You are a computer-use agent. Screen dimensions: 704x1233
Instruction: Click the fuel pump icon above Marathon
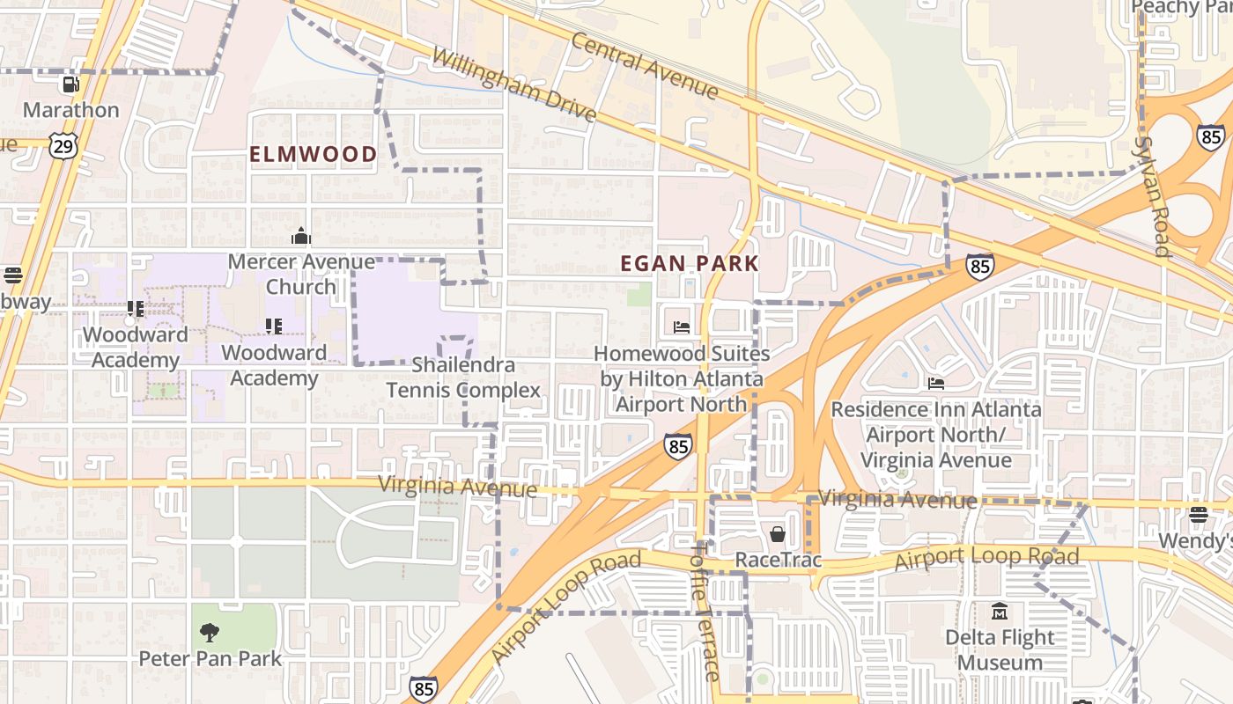[70, 84]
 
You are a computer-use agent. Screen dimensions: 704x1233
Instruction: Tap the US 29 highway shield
[63, 145]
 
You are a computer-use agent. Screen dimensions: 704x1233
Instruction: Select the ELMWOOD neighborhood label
[314, 155]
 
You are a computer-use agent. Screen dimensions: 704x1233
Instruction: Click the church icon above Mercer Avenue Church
[301, 236]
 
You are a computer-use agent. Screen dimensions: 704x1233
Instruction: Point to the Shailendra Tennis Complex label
[463, 378]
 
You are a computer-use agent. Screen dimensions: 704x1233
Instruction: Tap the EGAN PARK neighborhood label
[690, 263]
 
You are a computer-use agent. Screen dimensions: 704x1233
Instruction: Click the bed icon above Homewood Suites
[682, 327]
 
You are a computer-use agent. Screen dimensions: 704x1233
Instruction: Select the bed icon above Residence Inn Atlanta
[936, 384]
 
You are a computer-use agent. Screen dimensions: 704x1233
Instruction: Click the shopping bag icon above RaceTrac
[778, 534]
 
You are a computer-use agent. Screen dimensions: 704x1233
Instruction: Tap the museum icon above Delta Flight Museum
[1000, 611]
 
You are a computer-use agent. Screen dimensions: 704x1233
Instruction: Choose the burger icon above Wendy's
[1198, 514]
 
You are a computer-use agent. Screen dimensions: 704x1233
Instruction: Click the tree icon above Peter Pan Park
[210, 632]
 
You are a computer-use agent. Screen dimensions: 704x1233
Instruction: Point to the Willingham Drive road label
[514, 85]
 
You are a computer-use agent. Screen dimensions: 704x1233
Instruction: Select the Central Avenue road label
[645, 65]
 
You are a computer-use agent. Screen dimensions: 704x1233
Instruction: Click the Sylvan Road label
[1154, 195]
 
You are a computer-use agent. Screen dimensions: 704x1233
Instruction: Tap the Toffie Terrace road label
[705, 610]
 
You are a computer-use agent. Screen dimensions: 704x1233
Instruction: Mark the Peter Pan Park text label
[210, 658]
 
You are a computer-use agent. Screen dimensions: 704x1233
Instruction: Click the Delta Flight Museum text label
[1000, 649]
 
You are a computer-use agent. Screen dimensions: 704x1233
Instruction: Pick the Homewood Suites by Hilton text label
[682, 378]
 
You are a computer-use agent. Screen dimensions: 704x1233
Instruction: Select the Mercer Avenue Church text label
[301, 275]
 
